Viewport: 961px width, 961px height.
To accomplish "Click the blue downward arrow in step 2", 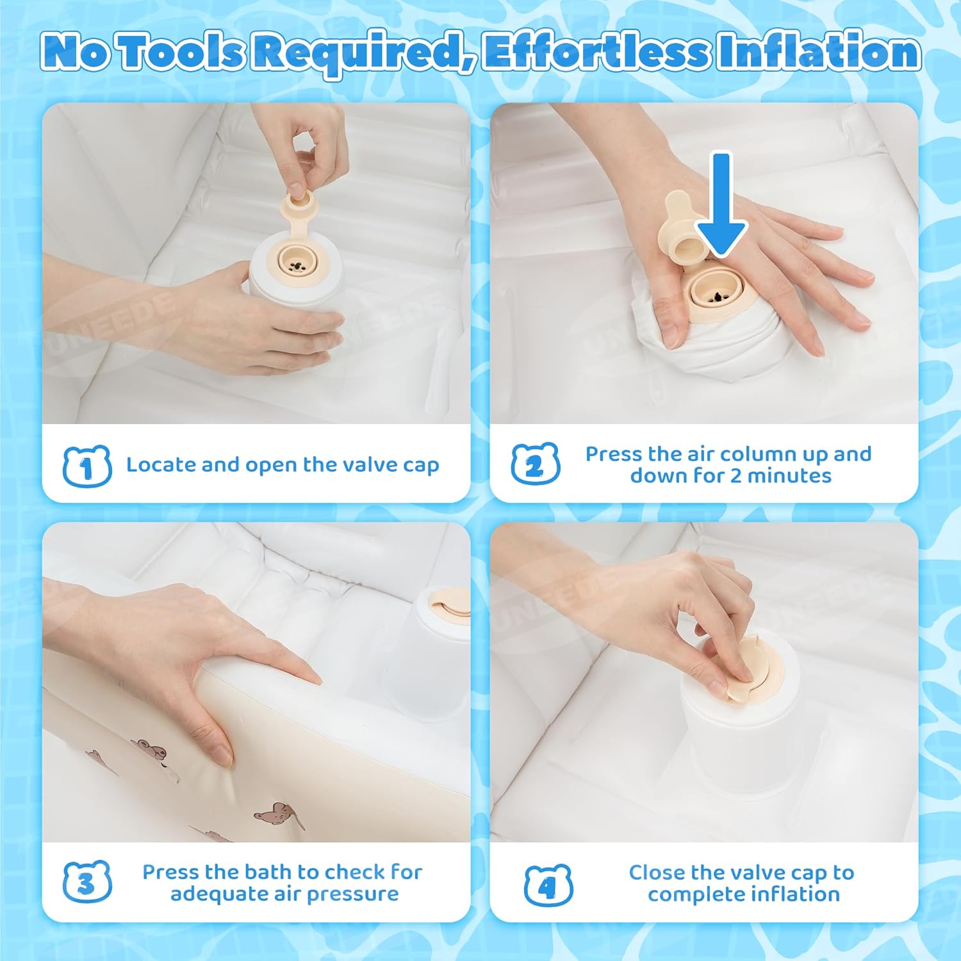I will (721, 205).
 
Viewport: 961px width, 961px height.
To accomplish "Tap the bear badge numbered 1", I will (87, 466).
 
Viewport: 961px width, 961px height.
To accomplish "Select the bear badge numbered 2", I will (536, 464).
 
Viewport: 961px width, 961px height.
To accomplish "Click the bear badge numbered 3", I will (87, 882).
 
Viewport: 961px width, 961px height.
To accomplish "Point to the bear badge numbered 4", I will (548, 885).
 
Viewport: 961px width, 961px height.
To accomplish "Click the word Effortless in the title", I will (596, 53).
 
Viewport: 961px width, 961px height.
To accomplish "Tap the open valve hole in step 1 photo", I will (295, 262).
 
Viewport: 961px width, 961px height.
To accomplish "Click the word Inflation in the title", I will (819, 53).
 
